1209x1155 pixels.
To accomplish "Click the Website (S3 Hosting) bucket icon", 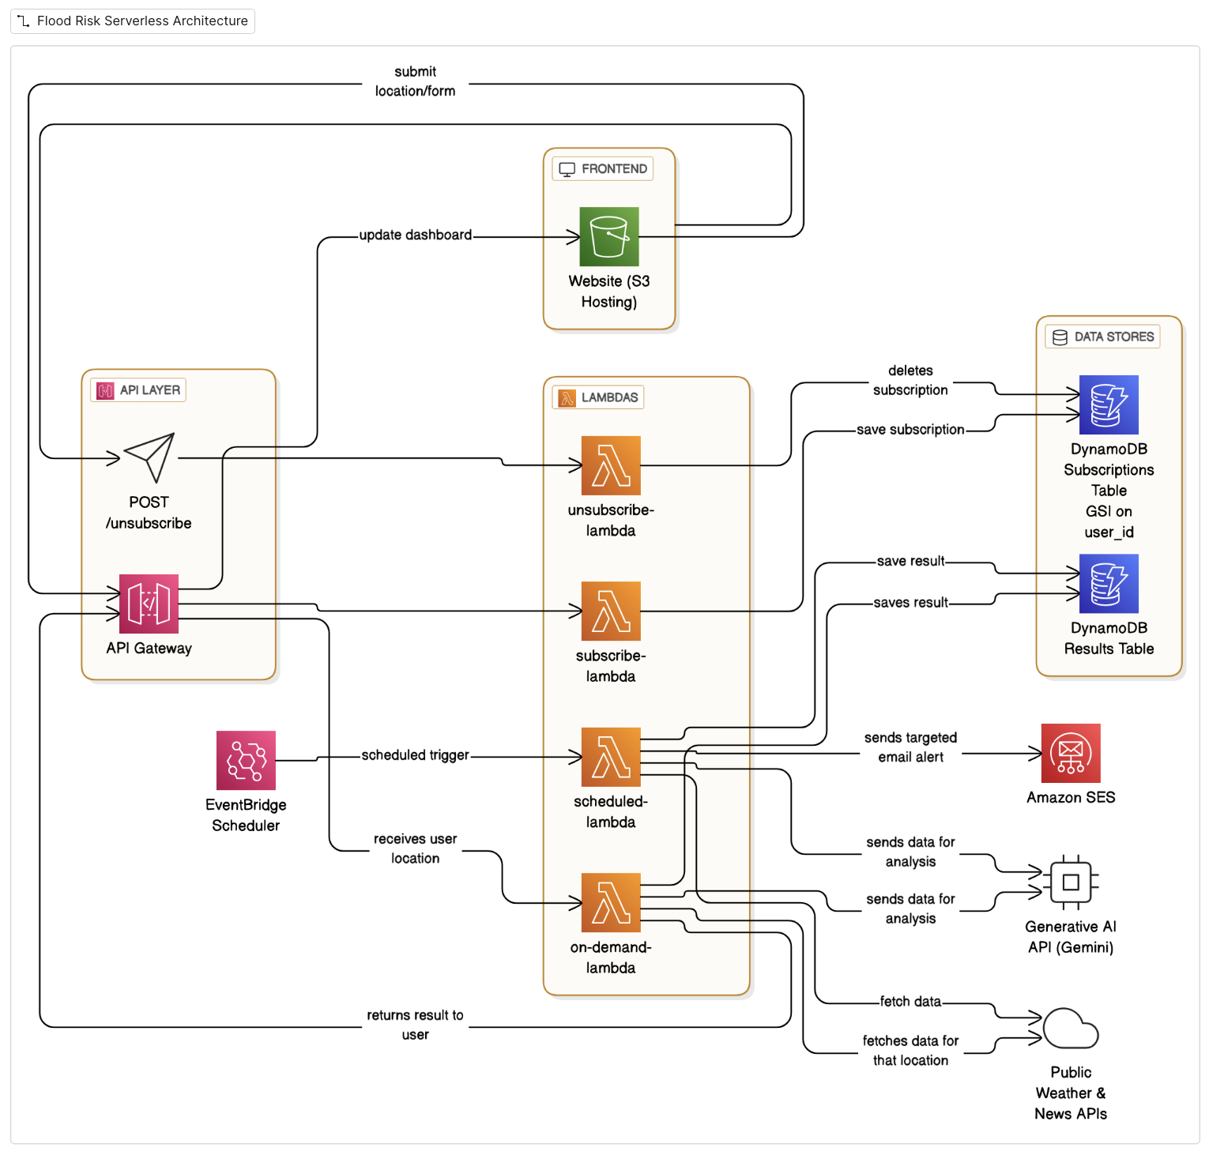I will click(608, 236).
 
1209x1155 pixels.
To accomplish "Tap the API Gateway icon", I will click(149, 604).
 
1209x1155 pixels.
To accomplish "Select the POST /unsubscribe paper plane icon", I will click(149, 457).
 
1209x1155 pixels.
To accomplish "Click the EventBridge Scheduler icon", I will click(246, 760).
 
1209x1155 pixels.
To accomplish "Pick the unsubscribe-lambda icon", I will click(611, 465).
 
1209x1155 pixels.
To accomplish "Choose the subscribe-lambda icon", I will click(611, 611).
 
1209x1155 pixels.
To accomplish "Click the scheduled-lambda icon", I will click(611, 757).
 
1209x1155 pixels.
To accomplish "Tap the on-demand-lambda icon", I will click(611, 902).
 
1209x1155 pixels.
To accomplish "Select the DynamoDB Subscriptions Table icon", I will click(1109, 404).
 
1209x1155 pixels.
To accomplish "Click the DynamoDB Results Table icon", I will click(1109, 583).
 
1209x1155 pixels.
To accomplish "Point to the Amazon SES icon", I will click(1071, 753).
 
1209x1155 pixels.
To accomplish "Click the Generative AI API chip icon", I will click(1071, 882).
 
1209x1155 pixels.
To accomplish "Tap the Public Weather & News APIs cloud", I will click(1071, 1029).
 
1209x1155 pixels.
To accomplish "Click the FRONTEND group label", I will click(603, 169).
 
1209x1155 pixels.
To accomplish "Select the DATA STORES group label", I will click(1103, 337).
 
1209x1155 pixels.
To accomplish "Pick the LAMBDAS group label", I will click(598, 397).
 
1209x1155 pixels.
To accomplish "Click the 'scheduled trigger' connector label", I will click(415, 755).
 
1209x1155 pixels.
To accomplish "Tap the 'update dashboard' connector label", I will click(415, 235).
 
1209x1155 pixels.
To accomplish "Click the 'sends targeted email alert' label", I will click(910, 747).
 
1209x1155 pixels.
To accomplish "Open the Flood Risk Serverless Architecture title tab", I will click(133, 21).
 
